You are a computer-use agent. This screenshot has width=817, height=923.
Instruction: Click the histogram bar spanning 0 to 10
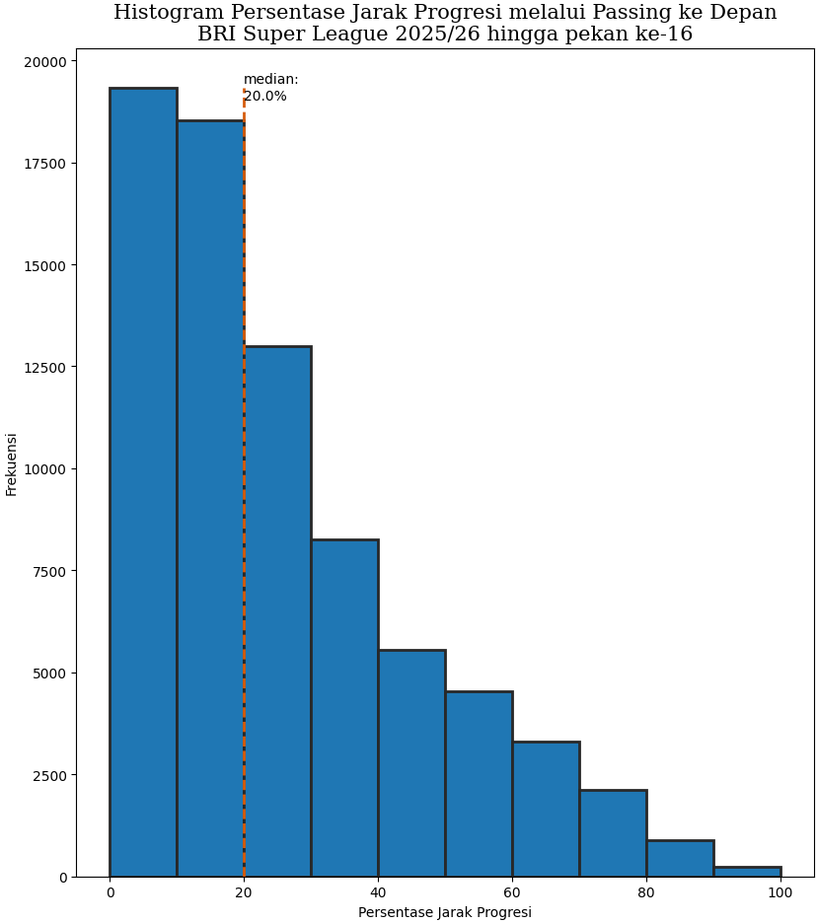tap(143, 482)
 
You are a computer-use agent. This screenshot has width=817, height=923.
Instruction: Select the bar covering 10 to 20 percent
tap(210, 498)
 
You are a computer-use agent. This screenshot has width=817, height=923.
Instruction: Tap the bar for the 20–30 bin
tap(277, 611)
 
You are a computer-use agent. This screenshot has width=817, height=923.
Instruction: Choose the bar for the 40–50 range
tap(411, 763)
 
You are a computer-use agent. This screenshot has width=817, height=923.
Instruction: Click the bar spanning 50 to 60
tap(479, 784)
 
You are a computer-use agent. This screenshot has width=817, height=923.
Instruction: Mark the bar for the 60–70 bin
tap(546, 809)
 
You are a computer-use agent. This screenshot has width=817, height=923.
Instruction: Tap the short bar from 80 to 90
tap(680, 859)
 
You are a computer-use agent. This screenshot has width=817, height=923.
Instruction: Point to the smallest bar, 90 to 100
tap(747, 872)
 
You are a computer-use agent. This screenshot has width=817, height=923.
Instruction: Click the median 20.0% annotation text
tap(269, 88)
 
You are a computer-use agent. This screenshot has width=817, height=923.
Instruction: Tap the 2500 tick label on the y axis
tap(50, 775)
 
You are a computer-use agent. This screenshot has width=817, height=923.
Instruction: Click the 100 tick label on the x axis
tap(780, 893)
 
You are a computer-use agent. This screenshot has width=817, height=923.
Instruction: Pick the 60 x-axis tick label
tap(512, 893)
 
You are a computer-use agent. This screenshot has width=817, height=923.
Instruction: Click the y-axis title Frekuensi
tap(12, 463)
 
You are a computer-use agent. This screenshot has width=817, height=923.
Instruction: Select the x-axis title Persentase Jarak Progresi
tap(445, 912)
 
